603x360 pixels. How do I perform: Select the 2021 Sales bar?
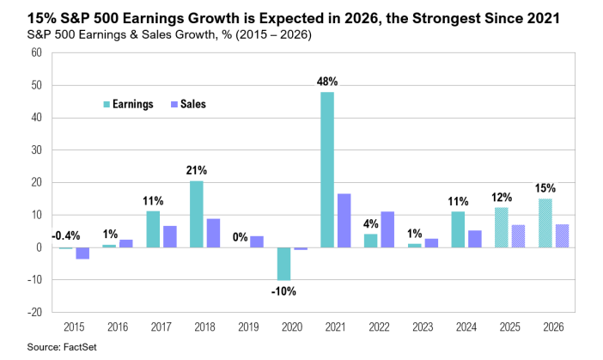point(344,221)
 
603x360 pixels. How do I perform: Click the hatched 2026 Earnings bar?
point(545,223)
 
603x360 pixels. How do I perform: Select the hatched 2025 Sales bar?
point(519,236)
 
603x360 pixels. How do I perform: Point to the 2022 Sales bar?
point(387,229)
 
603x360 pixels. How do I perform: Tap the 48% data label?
point(327,82)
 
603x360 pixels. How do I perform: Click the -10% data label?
point(283,291)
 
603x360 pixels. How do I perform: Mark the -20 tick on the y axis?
point(33,313)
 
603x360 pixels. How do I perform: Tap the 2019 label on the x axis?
point(249,326)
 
